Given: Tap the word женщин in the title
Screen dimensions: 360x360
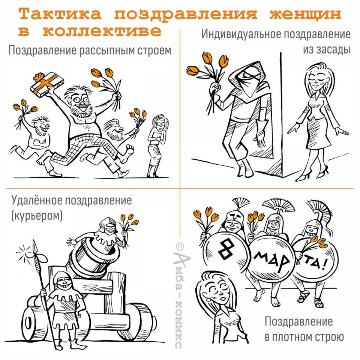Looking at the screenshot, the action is pos(305,14).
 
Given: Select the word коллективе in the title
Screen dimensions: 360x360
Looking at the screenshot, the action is pos(102,31).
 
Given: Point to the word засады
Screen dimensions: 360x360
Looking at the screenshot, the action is pos(327,49).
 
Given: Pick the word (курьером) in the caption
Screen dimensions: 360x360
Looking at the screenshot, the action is pos(37,216).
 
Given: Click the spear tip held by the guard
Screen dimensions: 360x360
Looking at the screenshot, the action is pos(34,247).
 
